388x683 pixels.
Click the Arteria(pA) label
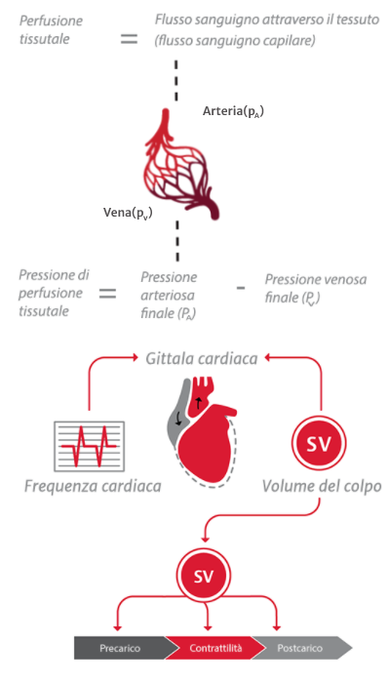233,112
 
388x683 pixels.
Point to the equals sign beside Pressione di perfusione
107,293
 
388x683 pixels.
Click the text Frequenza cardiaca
94,485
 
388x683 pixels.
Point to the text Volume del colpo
321,485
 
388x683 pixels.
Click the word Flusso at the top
176,20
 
